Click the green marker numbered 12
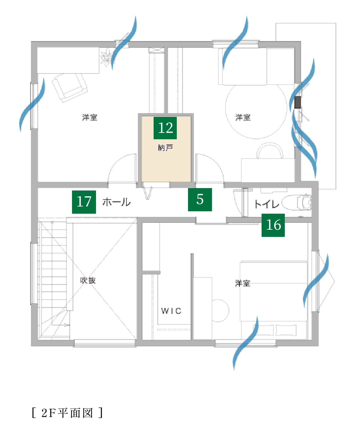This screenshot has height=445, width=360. point(165,128)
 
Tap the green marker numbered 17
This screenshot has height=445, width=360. point(84,202)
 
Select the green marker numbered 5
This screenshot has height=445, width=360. point(200,200)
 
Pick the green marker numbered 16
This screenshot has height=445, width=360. point(273,225)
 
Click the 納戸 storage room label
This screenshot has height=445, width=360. point(166,148)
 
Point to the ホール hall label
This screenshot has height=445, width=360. point(117,202)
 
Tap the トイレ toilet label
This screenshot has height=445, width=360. point(267,204)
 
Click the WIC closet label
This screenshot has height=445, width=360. point(171,311)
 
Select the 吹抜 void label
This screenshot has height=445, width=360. point(88,280)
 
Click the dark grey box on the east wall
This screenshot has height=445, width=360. point(298,102)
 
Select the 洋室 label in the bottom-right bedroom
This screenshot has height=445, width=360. point(243,283)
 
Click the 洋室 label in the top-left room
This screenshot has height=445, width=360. point(90,117)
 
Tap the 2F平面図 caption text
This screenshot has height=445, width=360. point(67,413)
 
